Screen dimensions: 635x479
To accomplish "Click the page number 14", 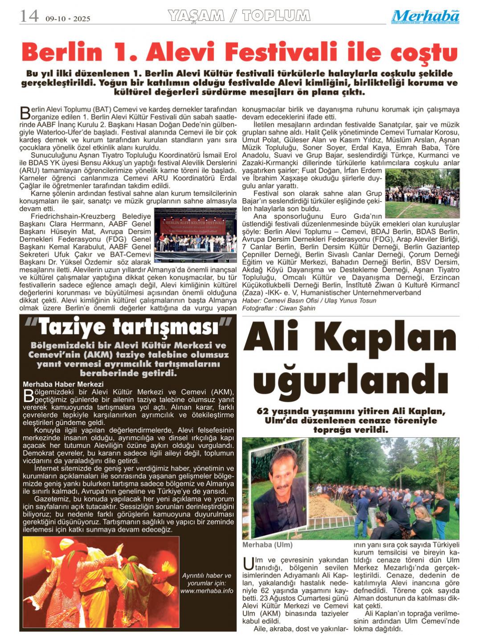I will click(29, 16).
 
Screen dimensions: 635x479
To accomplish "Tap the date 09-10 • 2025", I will click(68, 19).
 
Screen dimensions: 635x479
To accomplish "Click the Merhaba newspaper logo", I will click(426, 16).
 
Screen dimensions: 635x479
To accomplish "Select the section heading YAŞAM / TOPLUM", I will click(239, 16).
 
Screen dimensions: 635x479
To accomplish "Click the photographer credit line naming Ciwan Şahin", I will click(278, 308).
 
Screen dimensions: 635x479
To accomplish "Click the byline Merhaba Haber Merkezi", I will click(63, 384).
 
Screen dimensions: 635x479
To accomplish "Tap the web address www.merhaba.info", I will click(207, 590).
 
